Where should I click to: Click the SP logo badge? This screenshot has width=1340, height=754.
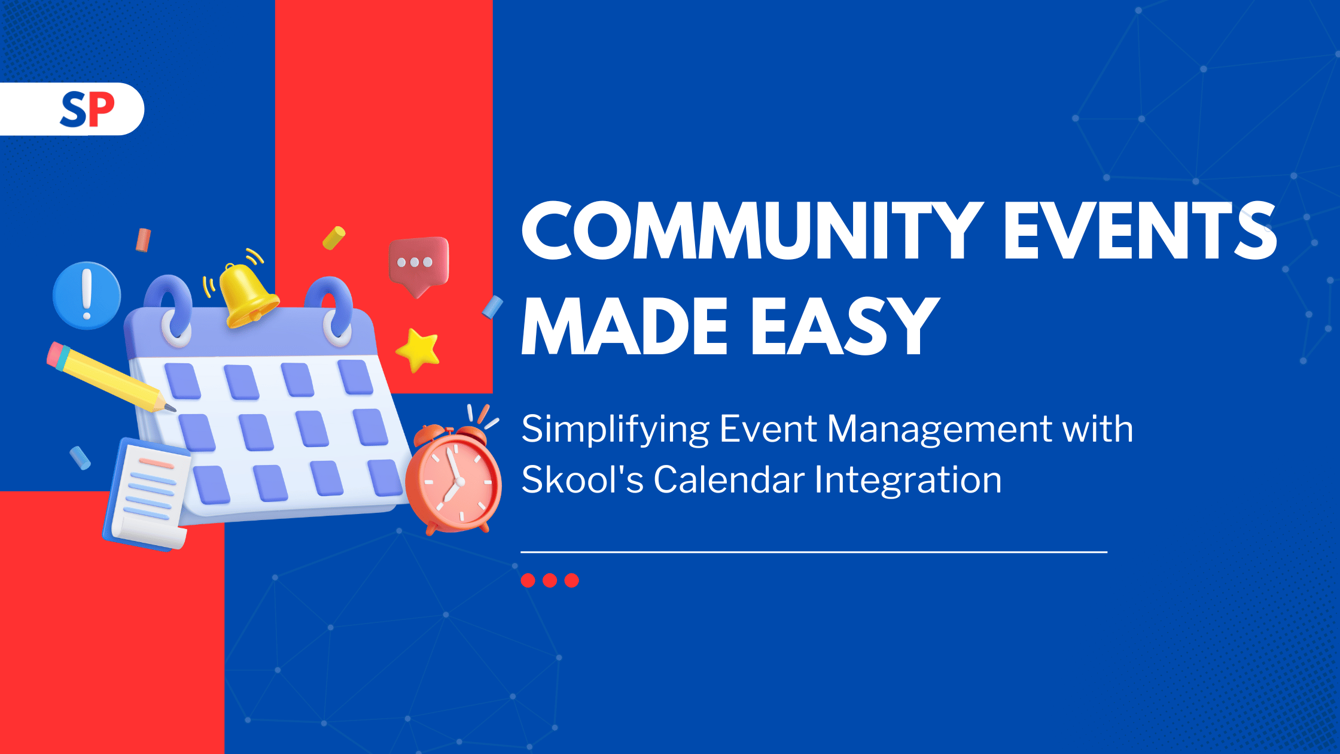click(72, 109)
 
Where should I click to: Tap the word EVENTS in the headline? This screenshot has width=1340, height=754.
click(1140, 230)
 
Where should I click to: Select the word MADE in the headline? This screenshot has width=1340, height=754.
click(625, 327)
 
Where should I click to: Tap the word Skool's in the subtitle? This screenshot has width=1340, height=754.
click(582, 479)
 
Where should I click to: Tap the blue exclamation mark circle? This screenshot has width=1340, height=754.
click(87, 295)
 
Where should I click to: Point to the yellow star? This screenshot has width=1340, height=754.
click(418, 349)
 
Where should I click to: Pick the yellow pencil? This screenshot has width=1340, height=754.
click(111, 377)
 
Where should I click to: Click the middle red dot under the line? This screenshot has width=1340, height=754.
click(550, 580)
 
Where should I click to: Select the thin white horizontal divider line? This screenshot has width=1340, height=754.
click(814, 552)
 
